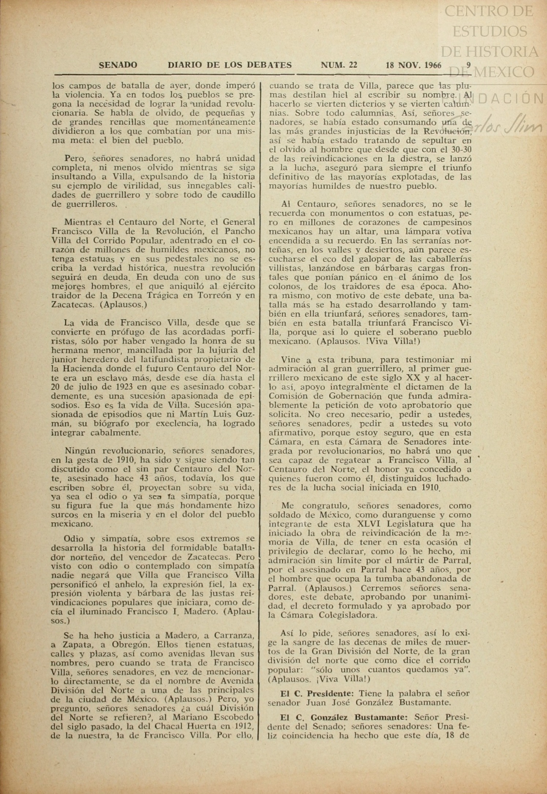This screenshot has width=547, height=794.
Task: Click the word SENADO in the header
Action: point(118,65)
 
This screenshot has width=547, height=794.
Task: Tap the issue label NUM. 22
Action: point(339,65)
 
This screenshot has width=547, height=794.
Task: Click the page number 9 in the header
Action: point(469,65)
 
